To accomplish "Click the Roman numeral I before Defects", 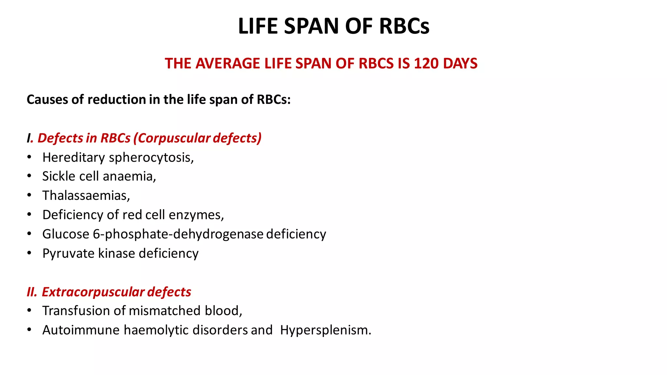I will click(x=29, y=138).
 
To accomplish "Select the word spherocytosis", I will click(x=151, y=158).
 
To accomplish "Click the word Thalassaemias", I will click(x=86, y=196).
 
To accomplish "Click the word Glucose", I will click(x=65, y=234).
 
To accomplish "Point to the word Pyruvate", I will click(x=68, y=254).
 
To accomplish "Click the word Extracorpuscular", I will click(x=93, y=292).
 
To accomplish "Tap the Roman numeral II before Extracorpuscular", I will click(x=32, y=292).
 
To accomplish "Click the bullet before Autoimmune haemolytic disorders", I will click(x=29, y=330).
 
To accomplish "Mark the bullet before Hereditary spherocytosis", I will click(x=29, y=157).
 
